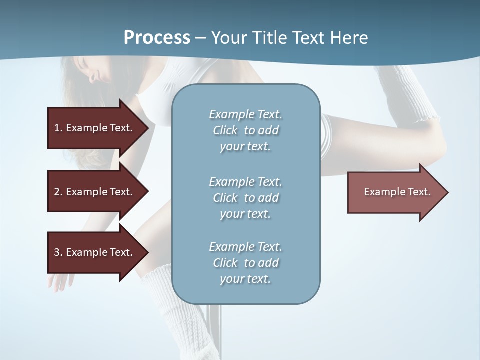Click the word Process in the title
tap(157, 38)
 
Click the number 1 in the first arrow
tap(57, 128)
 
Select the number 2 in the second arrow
tap(57, 192)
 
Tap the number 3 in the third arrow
tap(57, 252)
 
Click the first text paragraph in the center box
tap(245, 130)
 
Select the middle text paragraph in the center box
tap(245, 198)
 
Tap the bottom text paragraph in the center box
tap(245, 263)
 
